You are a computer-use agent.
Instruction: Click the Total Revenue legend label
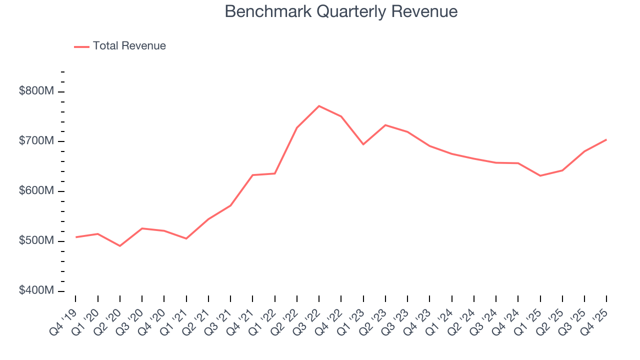(129, 46)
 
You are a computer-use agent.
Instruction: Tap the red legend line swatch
(81, 46)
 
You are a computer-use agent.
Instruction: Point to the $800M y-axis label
(36, 91)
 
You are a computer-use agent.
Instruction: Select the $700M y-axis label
(36, 141)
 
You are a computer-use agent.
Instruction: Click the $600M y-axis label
(36, 191)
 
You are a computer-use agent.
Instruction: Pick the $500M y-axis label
(36, 241)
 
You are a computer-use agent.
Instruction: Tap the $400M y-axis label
(36, 291)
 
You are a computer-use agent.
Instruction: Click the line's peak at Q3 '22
(319, 106)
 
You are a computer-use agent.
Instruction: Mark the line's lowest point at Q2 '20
(120, 246)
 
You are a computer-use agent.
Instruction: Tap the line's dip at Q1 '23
(363, 144)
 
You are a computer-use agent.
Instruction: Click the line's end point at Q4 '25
(606, 139)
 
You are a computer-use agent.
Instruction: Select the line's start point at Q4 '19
(76, 237)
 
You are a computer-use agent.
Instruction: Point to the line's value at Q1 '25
(540, 175)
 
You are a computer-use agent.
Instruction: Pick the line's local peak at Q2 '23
(385, 125)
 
